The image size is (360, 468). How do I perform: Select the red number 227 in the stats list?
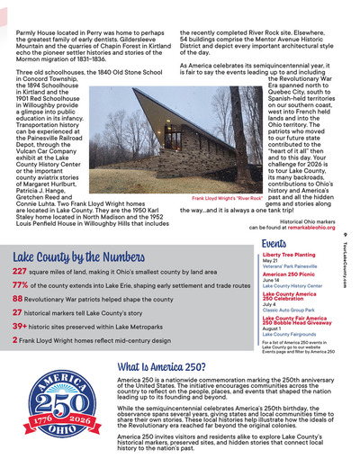point(20,270)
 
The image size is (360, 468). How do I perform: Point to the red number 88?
point(18,299)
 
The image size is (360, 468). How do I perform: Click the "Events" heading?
point(274,244)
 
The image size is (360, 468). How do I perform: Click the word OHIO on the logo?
point(62,431)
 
